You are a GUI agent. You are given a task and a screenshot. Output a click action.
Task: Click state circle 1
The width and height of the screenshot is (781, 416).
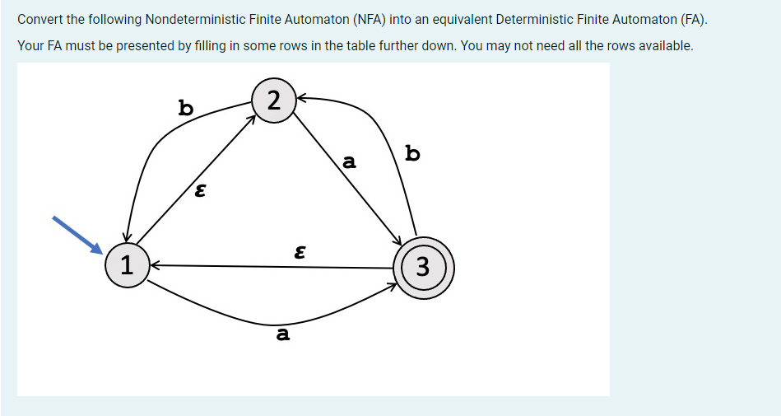[x=125, y=265]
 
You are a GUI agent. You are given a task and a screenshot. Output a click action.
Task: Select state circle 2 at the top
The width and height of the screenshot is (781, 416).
[x=275, y=100]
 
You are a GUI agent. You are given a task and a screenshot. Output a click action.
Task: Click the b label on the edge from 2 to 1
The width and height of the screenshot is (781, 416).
[x=186, y=107]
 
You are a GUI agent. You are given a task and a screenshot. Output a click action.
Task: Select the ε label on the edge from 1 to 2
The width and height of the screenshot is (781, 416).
[x=198, y=192]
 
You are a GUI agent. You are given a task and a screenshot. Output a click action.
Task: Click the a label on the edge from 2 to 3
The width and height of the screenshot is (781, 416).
[x=349, y=162]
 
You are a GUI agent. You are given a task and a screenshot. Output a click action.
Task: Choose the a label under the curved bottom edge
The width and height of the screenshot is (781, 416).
[x=283, y=334]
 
